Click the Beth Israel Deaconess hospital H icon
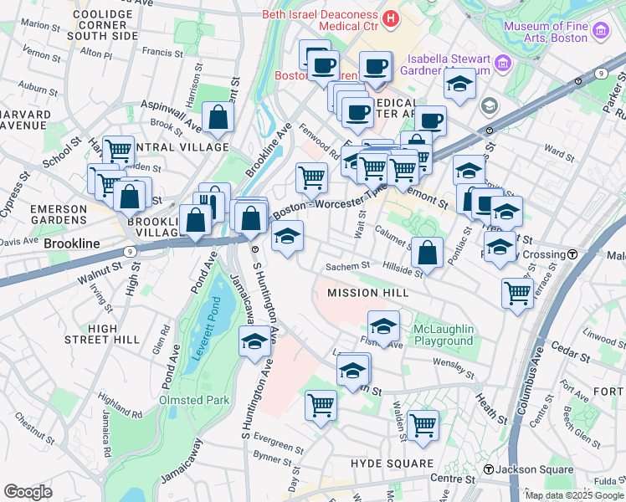coord(390,18)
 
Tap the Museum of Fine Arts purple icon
coord(599,32)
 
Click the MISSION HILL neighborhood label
coord(368,293)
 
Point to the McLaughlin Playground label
coord(444,335)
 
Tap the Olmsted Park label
coord(194,400)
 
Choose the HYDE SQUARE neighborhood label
coord(393,463)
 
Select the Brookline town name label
coord(72,243)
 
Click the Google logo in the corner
coord(28,492)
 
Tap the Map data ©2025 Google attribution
coord(573,495)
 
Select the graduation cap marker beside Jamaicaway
coord(254,341)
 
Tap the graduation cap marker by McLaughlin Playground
coord(383,326)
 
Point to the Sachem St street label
coord(347,265)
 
